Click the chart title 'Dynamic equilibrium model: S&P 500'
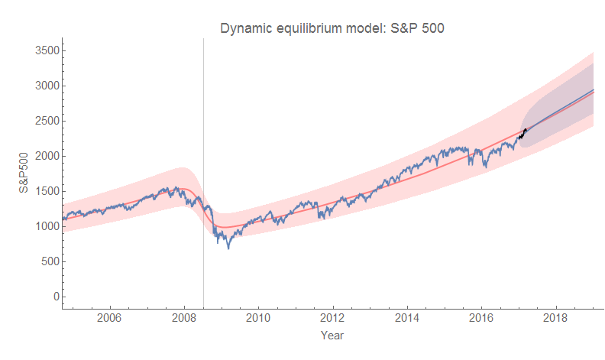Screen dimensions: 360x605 pos(332,28)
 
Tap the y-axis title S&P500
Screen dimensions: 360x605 pos(24,173)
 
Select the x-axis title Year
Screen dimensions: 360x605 pos(332,335)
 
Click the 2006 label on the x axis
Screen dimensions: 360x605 pos(110,317)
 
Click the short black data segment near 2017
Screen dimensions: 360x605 pos(522,135)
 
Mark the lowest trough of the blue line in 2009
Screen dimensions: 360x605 pos(228,248)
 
